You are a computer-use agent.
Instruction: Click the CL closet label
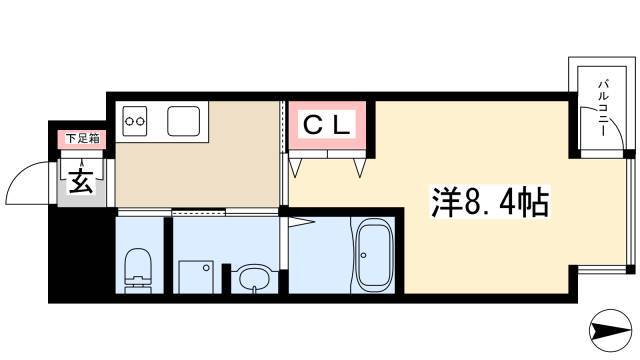tap(327, 125)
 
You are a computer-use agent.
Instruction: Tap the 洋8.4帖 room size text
tap(490, 202)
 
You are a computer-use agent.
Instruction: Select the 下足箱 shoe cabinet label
tap(83, 139)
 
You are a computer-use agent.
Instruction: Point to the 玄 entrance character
tap(81, 180)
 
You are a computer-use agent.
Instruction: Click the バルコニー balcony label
tap(603, 108)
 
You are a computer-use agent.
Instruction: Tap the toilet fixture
tap(138, 270)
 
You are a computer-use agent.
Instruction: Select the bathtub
tap(375, 256)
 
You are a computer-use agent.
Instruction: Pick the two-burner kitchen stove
tap(135, 121)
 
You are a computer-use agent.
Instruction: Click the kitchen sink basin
tap(184, 121)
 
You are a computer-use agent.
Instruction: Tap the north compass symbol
tap(611, 330)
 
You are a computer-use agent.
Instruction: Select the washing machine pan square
tap(196, 277)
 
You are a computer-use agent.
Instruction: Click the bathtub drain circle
tap(363, 255)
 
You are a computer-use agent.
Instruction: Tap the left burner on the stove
tap(129, 121)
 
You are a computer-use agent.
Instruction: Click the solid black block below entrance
tap(82, 254)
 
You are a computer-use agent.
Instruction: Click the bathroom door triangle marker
tap(302, 222)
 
